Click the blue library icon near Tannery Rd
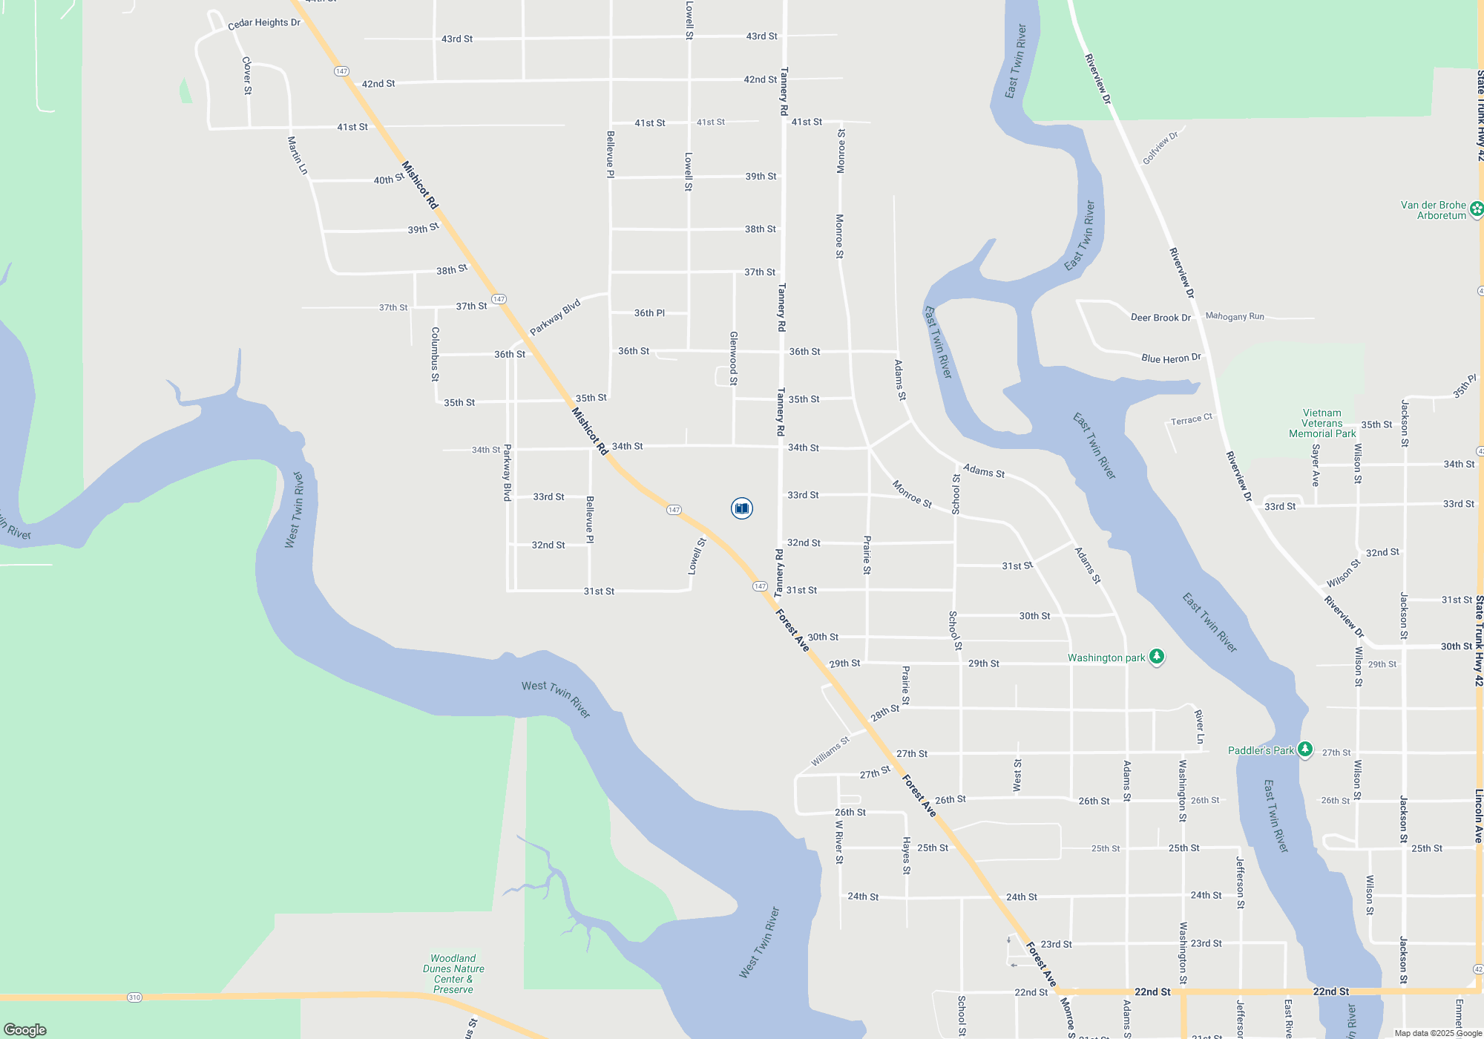[x=741, y=508]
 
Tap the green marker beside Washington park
[x=1156, y=657]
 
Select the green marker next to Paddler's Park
[x=1305, y=750]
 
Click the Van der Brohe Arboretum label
[x=1433, y=211]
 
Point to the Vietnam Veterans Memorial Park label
[x=1322, y=424]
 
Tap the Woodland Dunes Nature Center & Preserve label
[x=453, y=974]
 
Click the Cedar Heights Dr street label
[x=264, y=23]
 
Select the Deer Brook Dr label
[x=1160, y=318]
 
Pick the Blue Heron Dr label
[x=1171, y=358]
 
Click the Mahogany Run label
[x=1235, y=316]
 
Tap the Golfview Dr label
[x=1160, y=148]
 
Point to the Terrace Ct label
[x=1191, y=420]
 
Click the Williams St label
[x=830, y=752]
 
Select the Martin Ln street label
[x=297, y=155]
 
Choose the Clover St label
[x=247, y=76]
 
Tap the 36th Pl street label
[x=649, y=313]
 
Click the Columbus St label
[x=436, y=354]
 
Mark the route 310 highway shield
[x=134, y=997]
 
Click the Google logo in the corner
[x=25, y=1030]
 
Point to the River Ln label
[x=1199, y=727]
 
